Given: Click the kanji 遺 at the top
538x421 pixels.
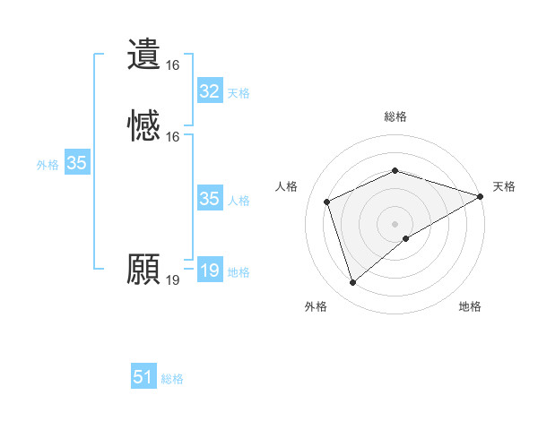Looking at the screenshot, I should coord(144,55).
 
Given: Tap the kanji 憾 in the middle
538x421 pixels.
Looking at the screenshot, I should coord(144,126).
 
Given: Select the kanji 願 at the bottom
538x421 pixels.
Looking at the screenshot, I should coord(144,270).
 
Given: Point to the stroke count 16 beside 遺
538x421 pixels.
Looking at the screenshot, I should coord(173,65).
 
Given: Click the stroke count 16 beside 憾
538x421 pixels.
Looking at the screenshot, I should coord(173,137).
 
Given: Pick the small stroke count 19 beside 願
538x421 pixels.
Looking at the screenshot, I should coord(173,280).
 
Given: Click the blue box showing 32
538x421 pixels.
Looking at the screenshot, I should coord(210,91).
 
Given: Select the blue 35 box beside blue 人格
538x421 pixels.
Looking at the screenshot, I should coord(210,199).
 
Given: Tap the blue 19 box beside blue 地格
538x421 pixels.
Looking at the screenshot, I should coord(210,271).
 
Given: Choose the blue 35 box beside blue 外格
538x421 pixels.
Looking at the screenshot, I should coord(77,163).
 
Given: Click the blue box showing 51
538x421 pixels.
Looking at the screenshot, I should coord(143,378).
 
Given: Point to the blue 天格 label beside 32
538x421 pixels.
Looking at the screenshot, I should coord(239,93).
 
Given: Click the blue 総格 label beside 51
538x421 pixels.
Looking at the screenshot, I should coord(172,380).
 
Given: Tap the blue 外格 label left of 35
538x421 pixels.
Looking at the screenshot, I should coord(48,165).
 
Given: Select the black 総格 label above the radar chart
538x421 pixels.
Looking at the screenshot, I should coord(395,116).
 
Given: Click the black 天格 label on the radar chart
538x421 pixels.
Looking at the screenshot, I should coord(504,186).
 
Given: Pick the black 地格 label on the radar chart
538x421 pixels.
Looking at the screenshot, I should coord(470,306).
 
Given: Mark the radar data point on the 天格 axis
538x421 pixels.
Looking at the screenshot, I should coord(481,196).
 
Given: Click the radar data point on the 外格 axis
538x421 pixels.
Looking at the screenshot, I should coord(352,283).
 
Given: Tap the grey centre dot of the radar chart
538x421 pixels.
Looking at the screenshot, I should coord(395,224).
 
